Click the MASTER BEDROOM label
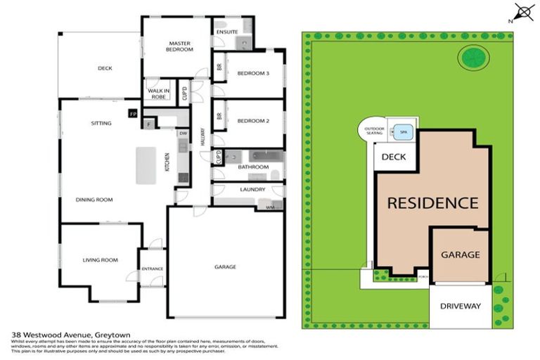[179, 46]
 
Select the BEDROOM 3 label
[252, 73]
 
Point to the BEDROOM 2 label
[252, 121]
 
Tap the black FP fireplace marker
[133, 112]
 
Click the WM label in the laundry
[270, 207]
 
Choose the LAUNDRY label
[252, 189]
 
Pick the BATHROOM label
[252, 167]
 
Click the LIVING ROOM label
[100, 259]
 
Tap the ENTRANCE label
[152, 268]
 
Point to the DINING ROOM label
[94, 200]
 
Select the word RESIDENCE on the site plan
[432, 203]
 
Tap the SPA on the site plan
[404, 131]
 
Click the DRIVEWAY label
[460, 306]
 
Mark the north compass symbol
[522, 12]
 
